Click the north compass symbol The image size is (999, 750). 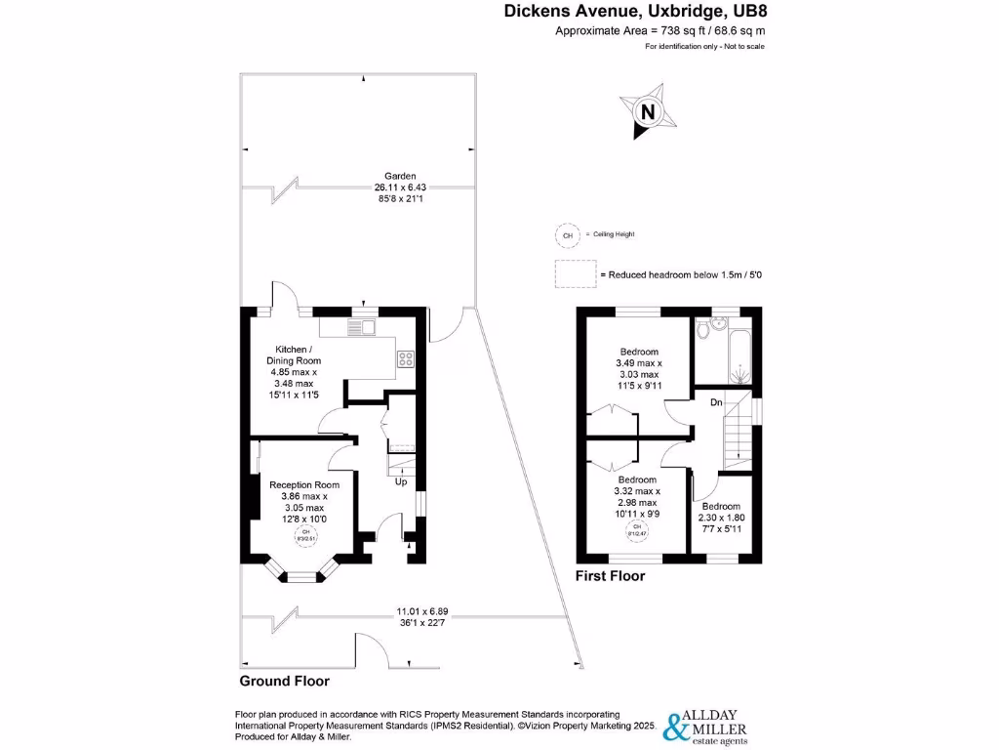646,111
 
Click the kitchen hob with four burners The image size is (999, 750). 404,358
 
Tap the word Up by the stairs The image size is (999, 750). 401,481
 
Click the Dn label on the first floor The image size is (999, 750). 715,400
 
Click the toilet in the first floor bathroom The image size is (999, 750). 706,333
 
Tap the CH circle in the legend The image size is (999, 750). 565,234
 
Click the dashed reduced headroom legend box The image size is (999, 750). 575,274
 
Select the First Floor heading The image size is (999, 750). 610,576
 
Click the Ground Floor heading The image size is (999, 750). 285,681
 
